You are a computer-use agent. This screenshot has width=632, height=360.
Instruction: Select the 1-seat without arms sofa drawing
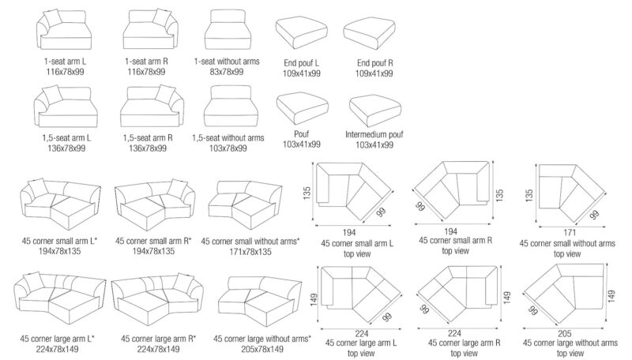228,34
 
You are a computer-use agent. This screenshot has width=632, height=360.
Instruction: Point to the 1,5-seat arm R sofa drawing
148,106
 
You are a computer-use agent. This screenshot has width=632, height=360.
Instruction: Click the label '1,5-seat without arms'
228,137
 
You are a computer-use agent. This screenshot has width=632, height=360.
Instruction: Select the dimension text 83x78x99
228,71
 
